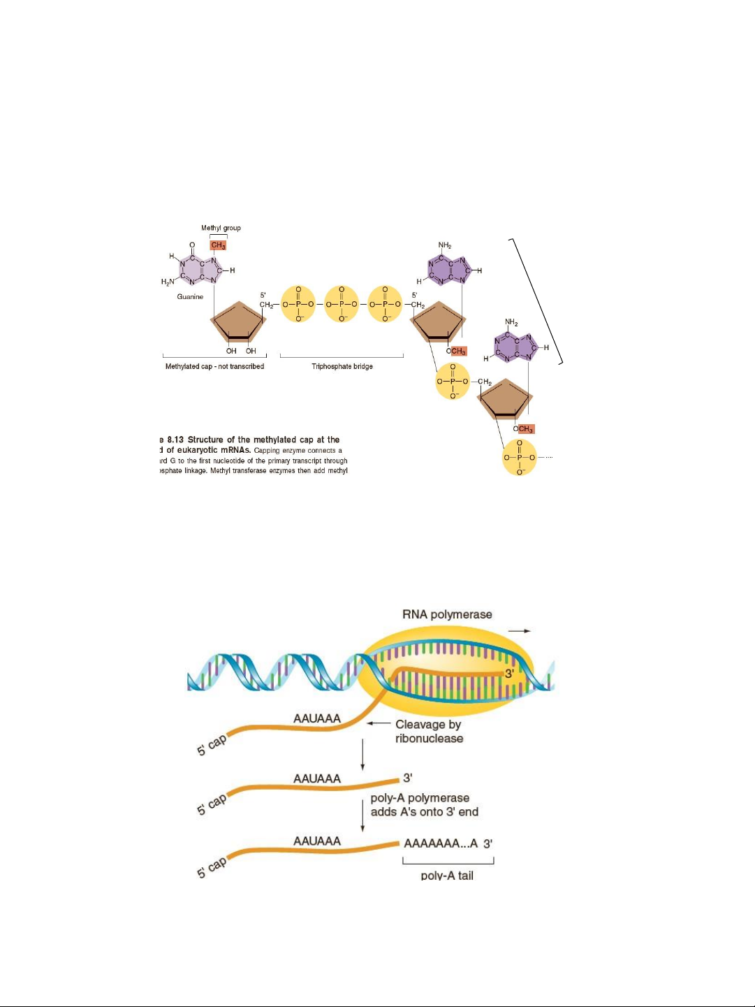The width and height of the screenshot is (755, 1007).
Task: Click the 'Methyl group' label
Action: pyautogui.click(x=221, y=228)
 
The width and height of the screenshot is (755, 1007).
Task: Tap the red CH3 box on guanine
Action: pyautogui.click(x=219, y=245)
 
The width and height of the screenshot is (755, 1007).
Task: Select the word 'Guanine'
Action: pyautogui.click(x=190, y=297)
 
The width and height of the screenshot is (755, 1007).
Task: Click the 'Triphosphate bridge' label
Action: pyautogui.click(x=342, y=366)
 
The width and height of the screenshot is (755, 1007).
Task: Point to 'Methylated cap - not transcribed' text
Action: pyautogui.click(x=214, y=366)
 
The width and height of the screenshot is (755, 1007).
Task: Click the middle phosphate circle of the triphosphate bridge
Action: pyautogui.click(x=342, y=305)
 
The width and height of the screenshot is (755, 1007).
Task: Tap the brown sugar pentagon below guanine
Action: pyautogui.click(x=239, y=324)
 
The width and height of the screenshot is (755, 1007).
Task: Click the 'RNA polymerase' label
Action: pyautogui.click(x=447, y=614)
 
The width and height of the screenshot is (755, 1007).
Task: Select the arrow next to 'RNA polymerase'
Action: pyautogui.click(x=519, y=630)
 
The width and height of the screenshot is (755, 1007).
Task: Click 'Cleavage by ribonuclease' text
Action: pyautogui.click(x=429, y=731)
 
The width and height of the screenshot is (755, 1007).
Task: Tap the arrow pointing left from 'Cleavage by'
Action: pyautogui.click(x=378, y=723)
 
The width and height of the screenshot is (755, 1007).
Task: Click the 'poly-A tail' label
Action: pyautogui.click(x=447, y=876)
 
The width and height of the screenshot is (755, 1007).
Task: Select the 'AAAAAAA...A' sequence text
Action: pyautogui.click(x=441, y=843)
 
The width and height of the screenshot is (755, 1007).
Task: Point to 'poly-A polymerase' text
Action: pyautogui.click(x=420, y=798)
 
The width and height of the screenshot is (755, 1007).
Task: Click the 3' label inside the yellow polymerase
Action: pyautogui.click(x=509, y=674)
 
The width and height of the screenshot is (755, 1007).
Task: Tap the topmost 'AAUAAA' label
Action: pyautogui.click(x=317, y=718)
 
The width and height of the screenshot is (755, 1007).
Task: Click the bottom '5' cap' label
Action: pyautogui.click(x=212, y=867)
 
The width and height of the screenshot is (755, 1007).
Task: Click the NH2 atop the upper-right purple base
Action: pyautogui.click(x=445, y=245)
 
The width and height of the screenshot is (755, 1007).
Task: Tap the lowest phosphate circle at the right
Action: pyautogui.click(x=520, y=458)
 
